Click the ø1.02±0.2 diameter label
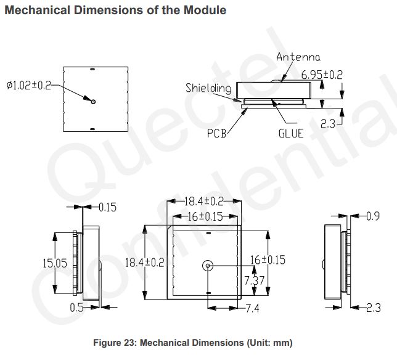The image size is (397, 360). tap(28, 85)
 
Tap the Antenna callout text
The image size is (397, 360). tap(298, 57)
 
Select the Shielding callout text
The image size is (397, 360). tap(208, 88)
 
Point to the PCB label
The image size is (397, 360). tap(216, 133)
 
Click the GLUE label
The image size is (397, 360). tap(291, 133)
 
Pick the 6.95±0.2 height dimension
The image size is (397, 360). tap(322, 75)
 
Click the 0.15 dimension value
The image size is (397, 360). tap(107, 207)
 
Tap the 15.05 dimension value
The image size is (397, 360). tap(55, 263)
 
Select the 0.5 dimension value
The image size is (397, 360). tap(76, 308)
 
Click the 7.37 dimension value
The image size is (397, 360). tap(254, 280)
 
